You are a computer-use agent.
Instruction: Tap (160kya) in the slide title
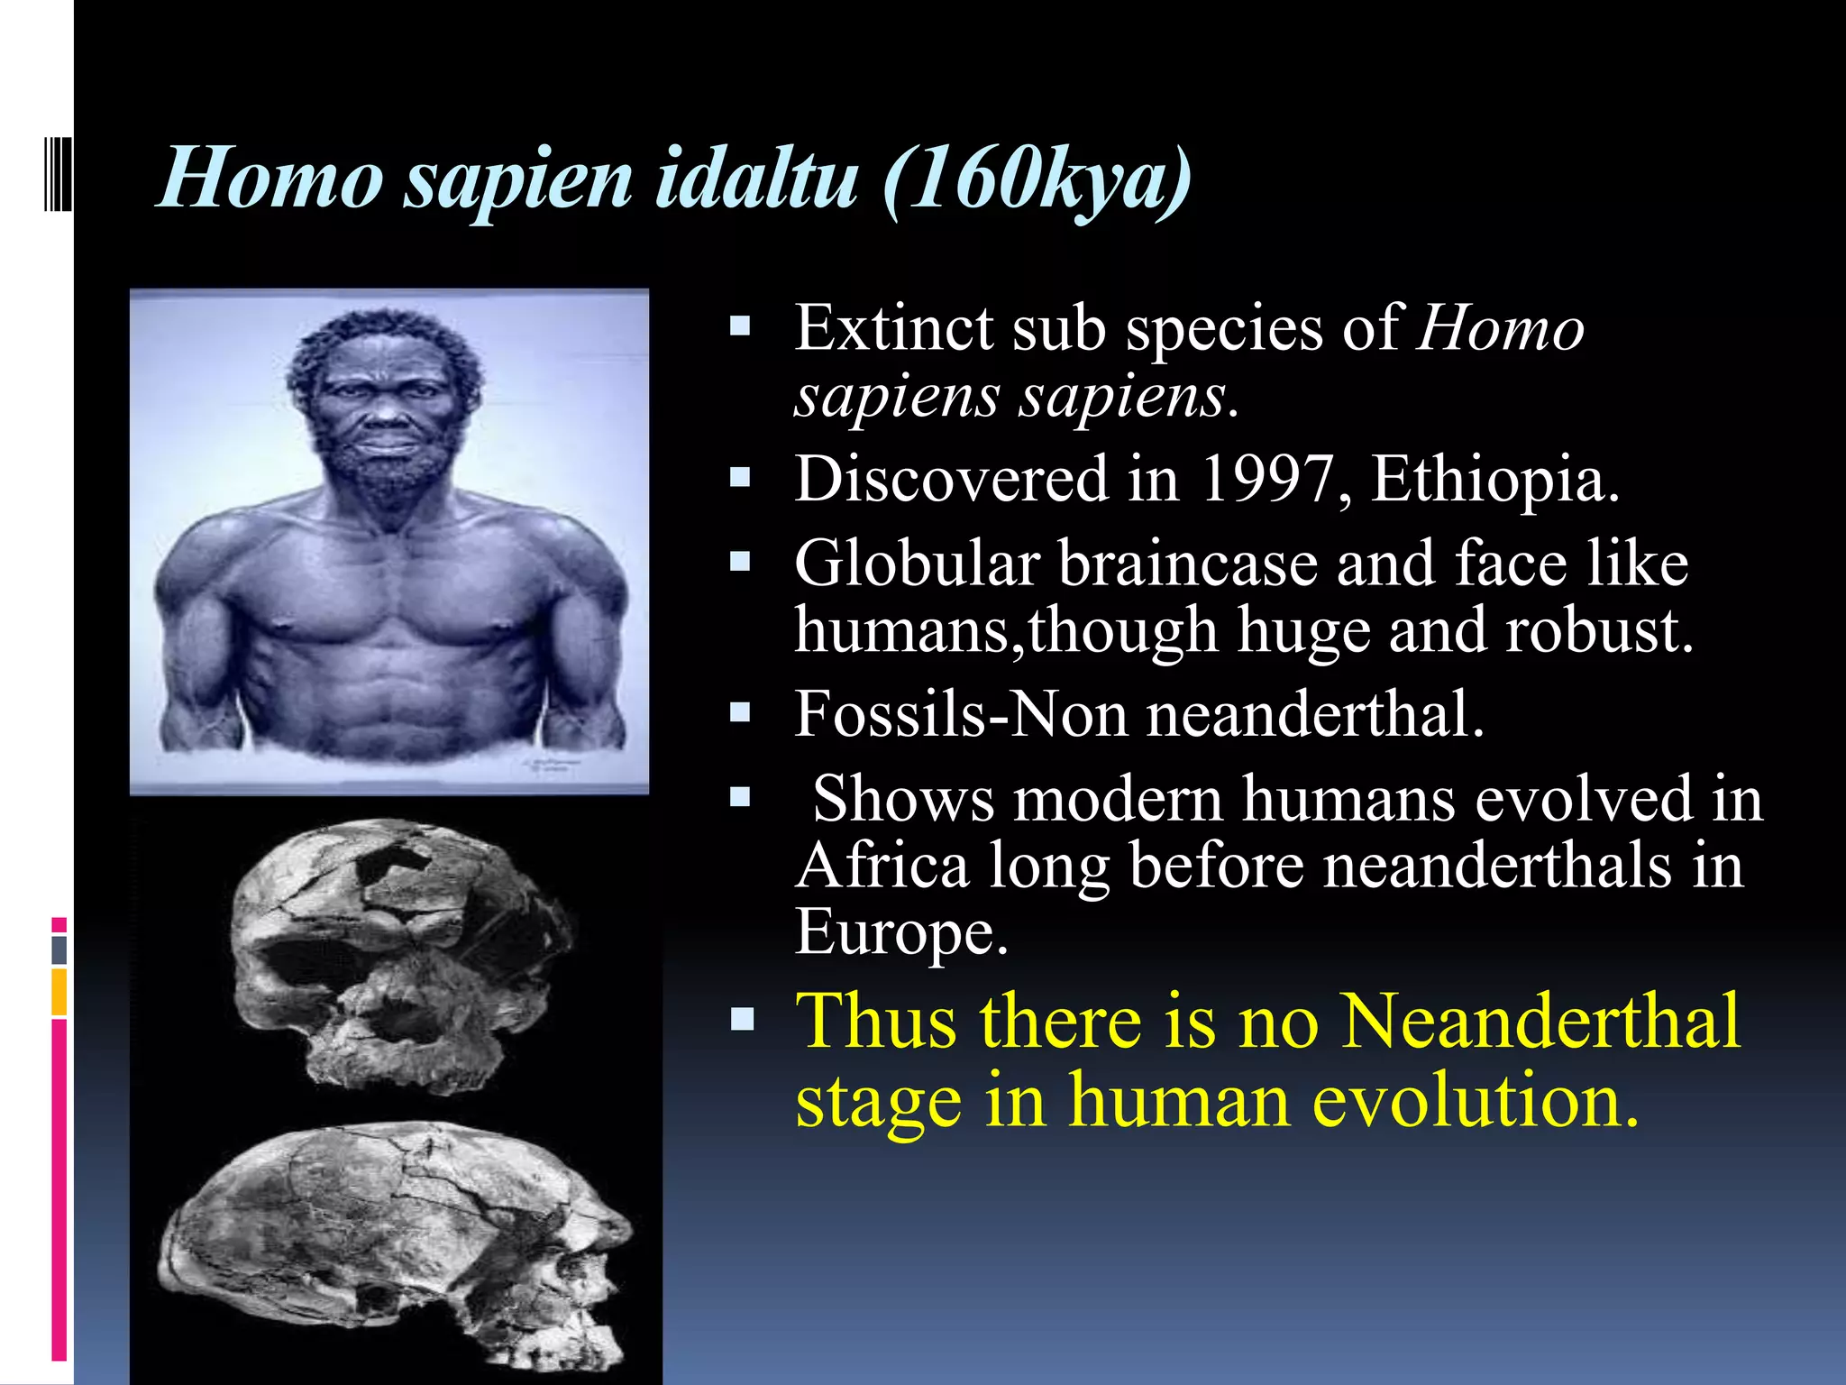coord(1037,178)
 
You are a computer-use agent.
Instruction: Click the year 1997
coord(1267,479)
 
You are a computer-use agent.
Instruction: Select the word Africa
coord(882,866)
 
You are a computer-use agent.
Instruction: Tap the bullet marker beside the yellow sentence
coord(741,1021)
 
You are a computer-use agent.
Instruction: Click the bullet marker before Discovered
coord(741,477)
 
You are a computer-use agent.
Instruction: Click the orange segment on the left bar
coord(59,992)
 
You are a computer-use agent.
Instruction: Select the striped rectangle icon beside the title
coord(58,170)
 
